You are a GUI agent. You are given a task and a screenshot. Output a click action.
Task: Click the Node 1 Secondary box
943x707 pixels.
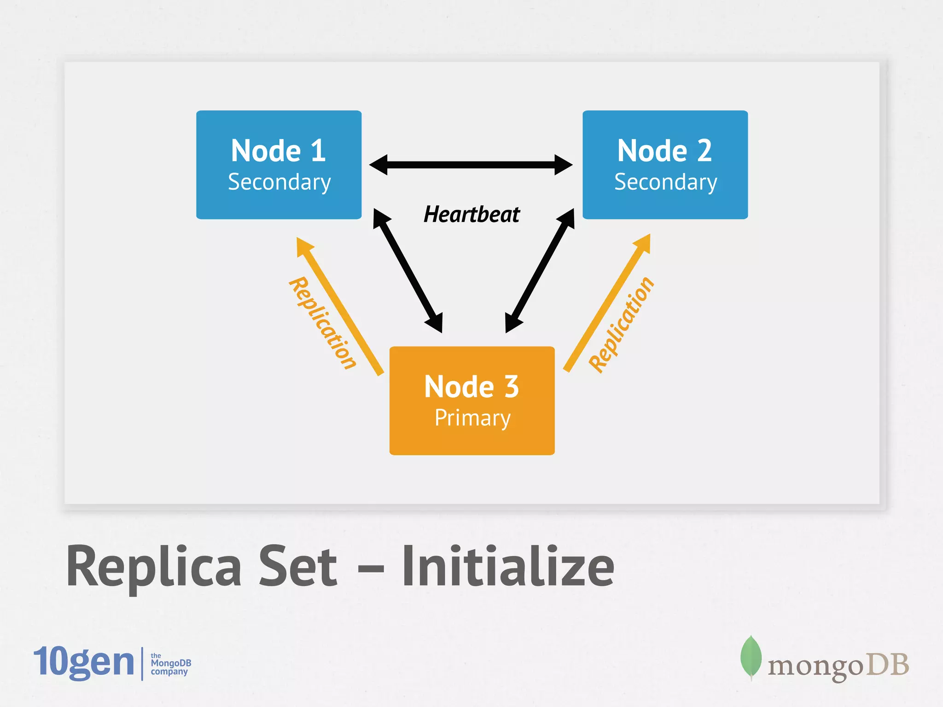tap(279, 164)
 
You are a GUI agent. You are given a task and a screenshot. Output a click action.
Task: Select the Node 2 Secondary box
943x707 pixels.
tap(665, 164)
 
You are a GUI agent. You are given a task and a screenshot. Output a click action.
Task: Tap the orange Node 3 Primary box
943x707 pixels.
tap(472, 400)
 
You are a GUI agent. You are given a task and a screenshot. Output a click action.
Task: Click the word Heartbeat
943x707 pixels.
tap(471, 214)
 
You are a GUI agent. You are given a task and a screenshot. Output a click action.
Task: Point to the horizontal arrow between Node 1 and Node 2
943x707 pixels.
tap(471, 165)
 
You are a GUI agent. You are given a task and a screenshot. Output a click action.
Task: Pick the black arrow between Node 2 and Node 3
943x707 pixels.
tap(540, 271)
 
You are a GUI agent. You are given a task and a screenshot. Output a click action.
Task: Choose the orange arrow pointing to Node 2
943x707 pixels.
tap(607, 303)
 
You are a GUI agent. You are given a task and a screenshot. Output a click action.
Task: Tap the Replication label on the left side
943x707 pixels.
tap(322, 323)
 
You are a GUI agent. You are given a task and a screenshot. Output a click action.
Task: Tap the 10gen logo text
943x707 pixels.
tap(84, 662)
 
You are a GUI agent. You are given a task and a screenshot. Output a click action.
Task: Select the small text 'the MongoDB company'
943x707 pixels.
tap(170, 664)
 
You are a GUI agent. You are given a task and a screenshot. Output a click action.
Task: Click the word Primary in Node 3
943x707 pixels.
tap(472, 418)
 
